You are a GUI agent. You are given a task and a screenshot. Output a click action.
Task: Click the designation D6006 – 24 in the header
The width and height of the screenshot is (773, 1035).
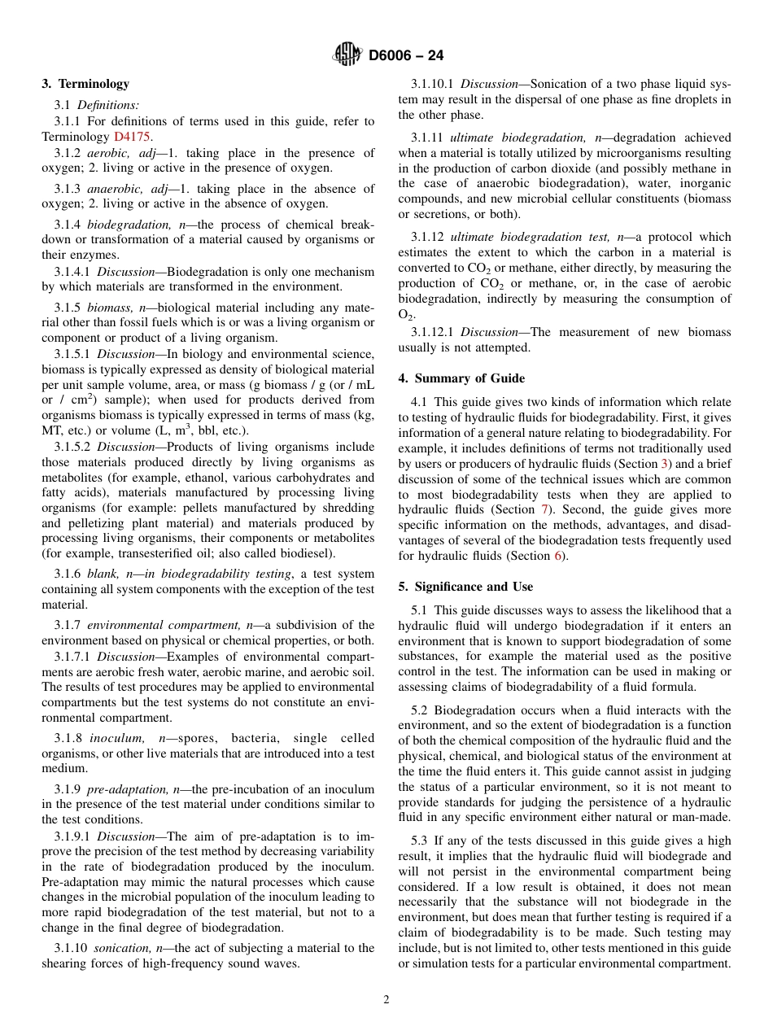[x=405, y=56]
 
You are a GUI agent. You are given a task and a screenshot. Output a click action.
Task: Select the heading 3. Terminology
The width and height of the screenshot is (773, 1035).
[x=85, y=84]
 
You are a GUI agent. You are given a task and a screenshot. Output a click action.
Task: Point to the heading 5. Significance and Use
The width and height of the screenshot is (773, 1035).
[x=465, y=587]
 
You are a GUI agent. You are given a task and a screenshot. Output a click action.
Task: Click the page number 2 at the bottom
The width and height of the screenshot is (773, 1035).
[x=386, y=1000]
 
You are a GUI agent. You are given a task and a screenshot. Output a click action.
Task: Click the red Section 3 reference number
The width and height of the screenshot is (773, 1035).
[x=665, y=464]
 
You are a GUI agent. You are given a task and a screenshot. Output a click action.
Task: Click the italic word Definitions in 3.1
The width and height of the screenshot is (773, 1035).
[x=108, y=105]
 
